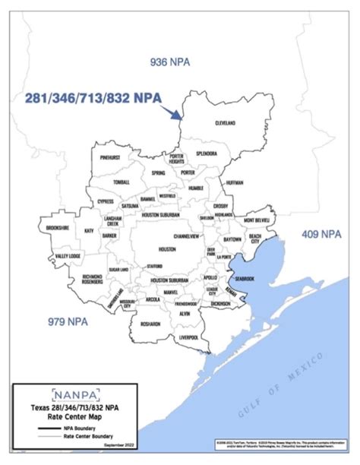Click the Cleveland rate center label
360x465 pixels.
pos(226,122)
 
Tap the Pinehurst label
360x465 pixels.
pos(114,157)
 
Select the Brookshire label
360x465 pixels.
pos(58,228)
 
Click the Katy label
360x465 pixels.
pos(90,230)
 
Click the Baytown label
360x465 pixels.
pos(232,239)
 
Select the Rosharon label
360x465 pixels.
pos(150,324)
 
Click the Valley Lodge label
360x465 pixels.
pos(68,257)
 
